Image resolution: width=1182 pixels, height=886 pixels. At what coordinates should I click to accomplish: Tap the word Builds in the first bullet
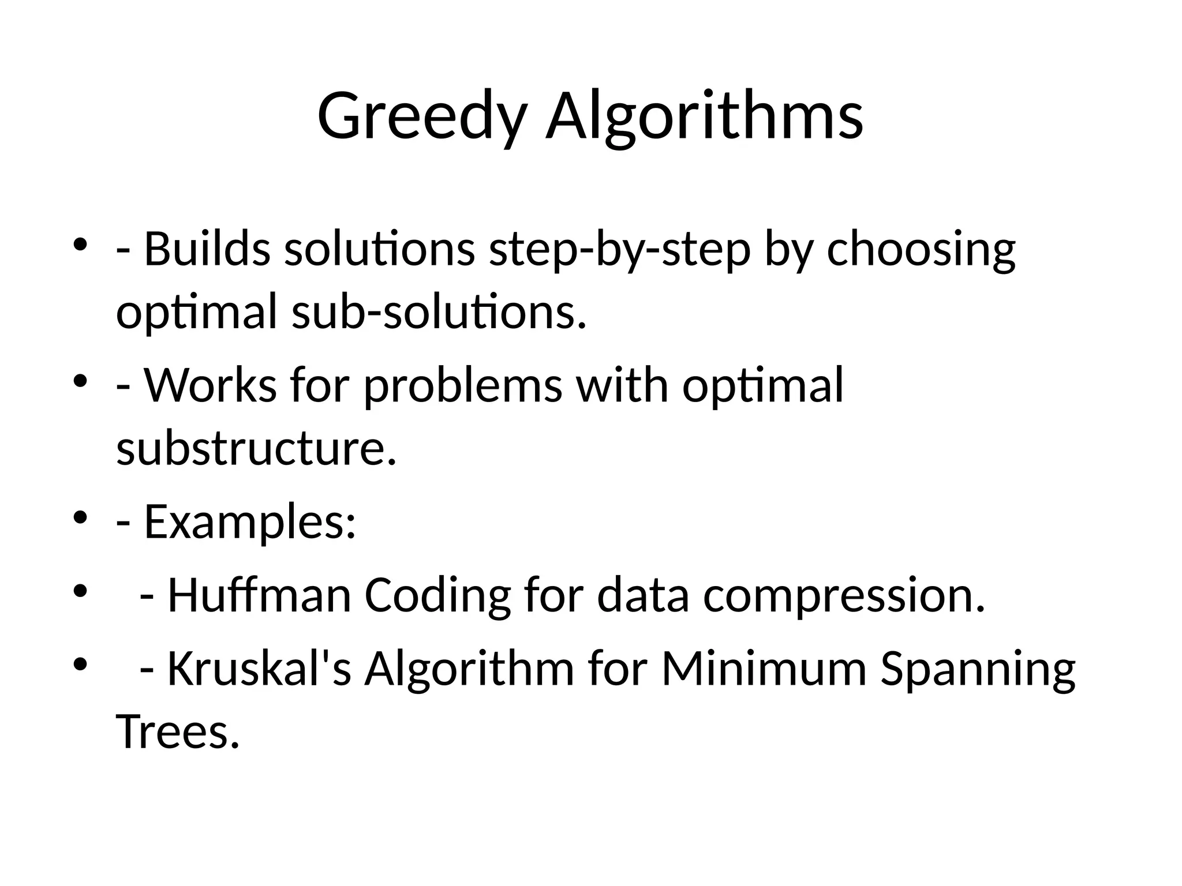tap(207, 249)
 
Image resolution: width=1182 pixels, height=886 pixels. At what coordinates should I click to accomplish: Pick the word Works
tap(210, 385)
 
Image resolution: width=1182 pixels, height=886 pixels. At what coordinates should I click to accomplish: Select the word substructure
tap(256, 448)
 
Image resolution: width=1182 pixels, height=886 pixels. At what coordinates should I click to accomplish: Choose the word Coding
tap(437, 596)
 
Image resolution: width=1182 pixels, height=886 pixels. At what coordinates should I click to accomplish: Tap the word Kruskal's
tap(259, 669)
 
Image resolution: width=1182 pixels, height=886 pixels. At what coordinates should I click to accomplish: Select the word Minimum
tap(764, 669)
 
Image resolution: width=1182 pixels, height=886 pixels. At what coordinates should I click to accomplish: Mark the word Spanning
tap(978, 670)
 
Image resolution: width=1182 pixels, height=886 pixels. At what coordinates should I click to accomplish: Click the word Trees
tap(177, 731)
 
